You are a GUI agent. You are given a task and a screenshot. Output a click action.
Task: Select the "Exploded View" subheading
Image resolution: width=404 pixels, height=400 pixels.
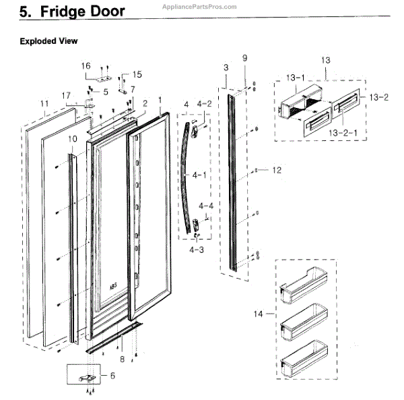pyautogui.click(x=48, y=41)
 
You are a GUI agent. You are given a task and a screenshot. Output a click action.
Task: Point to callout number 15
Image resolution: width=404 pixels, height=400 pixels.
pyautogui.click(x=137, y=74)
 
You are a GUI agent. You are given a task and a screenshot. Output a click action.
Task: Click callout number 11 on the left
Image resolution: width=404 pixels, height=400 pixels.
pyautogui.click(x=44, y=103)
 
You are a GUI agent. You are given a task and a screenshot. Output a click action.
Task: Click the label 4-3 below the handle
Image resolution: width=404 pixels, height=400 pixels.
pyautogui.click(x=196, y=250)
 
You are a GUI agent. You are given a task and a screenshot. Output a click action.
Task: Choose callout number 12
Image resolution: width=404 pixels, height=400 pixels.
pyautogui.click(x=275, y=171)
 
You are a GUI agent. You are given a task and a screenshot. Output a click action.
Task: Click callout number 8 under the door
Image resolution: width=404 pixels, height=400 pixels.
pyautogui.click(x=122, y=349)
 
